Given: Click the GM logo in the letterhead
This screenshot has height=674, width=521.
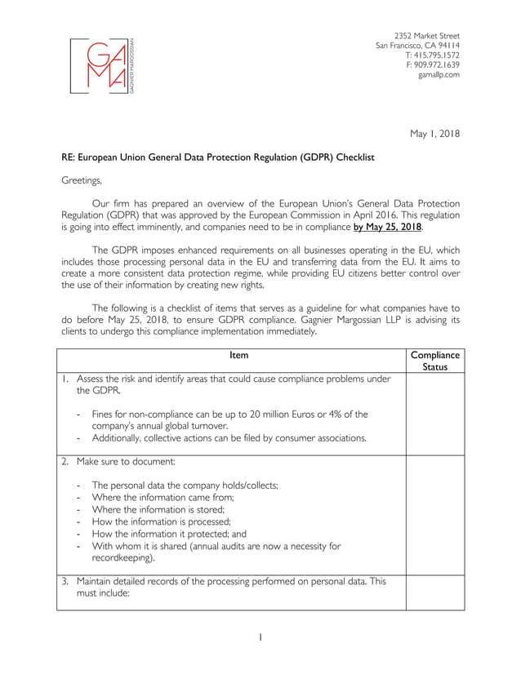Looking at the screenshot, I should click(x=102, y=65).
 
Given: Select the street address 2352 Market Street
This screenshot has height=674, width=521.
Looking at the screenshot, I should click(x=426, y=36).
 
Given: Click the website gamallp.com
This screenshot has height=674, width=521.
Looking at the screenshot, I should click(x=439, y=75).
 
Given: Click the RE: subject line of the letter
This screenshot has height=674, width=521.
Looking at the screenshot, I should click(x=218, y=157).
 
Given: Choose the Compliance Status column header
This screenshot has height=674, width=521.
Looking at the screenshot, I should click(x=434, y=361).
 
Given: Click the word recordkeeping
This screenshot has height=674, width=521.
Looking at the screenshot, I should click(x=122, y=559).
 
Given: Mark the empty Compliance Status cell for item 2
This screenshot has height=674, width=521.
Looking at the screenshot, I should click(x=434, y=514).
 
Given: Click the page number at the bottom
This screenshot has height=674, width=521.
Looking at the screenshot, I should click(x=260, y=637).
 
